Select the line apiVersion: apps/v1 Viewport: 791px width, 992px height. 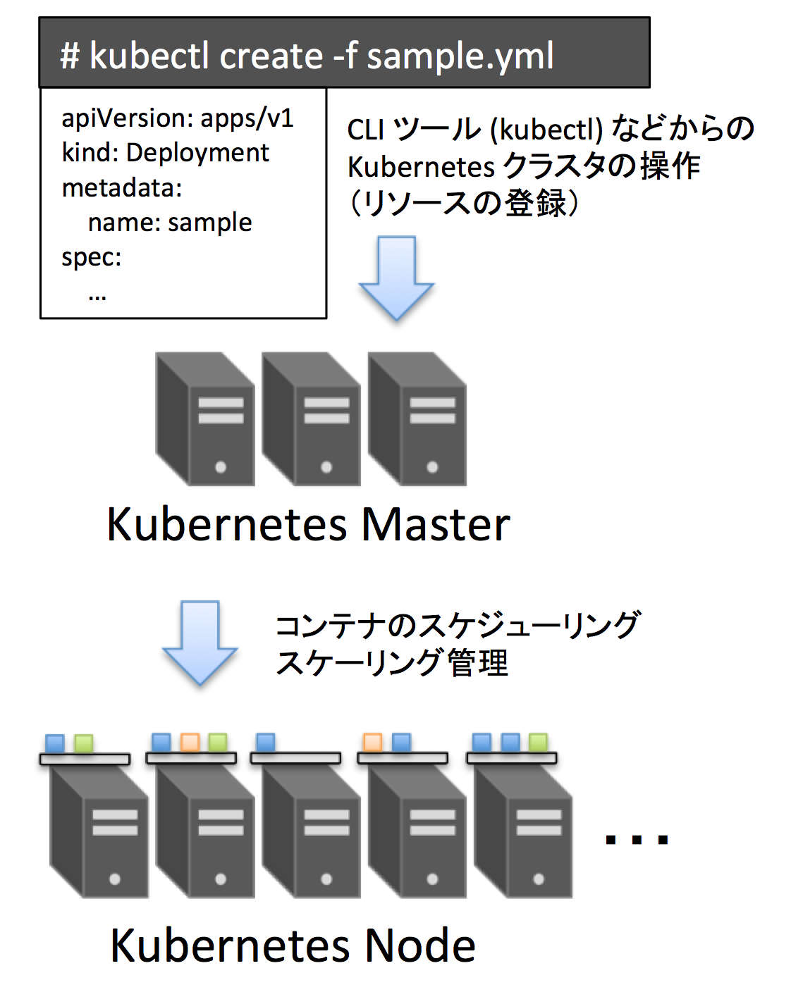tap(178, 119)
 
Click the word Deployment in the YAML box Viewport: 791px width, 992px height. tap(197, 154)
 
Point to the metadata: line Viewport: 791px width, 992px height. tap(122, 188)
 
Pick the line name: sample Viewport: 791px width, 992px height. tap(170, 223)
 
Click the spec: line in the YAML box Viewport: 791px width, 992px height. tap(92, 257)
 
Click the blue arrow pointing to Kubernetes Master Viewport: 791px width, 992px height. tap(396, 278)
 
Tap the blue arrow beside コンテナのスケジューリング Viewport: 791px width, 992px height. tap(200, 643)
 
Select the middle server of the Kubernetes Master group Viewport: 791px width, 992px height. tap(311, 418)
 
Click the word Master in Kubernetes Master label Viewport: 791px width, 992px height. tap(436, 525)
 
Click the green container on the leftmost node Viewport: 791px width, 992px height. tap(83, 743)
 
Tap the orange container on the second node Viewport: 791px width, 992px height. tap(190, 742)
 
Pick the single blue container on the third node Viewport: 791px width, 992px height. tap(265, 742)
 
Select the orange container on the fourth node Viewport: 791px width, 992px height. tap(372, 742)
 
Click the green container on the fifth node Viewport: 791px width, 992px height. tap(538, 742)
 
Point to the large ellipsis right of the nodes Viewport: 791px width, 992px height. tap(637, 840)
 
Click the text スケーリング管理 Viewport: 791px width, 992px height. tap(391, 663)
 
